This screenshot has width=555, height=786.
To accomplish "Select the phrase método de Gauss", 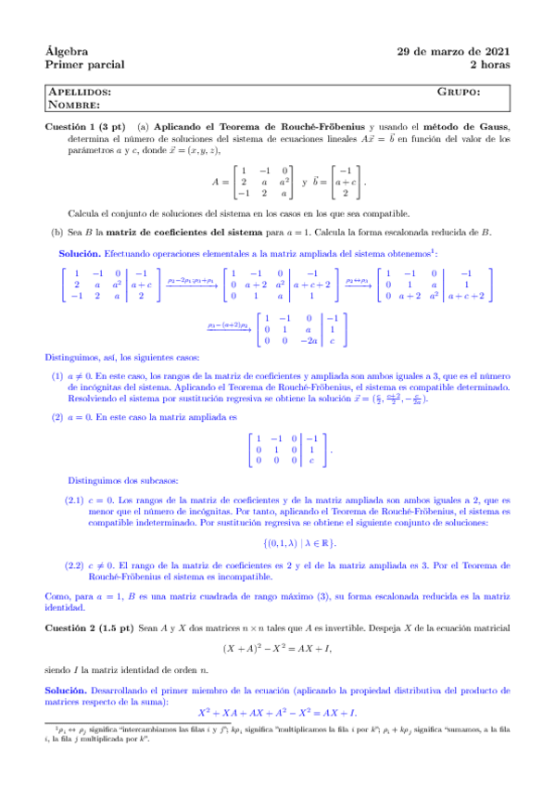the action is [x=466, y=126].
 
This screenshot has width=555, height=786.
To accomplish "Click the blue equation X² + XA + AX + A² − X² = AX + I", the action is [x=278, y=712].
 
